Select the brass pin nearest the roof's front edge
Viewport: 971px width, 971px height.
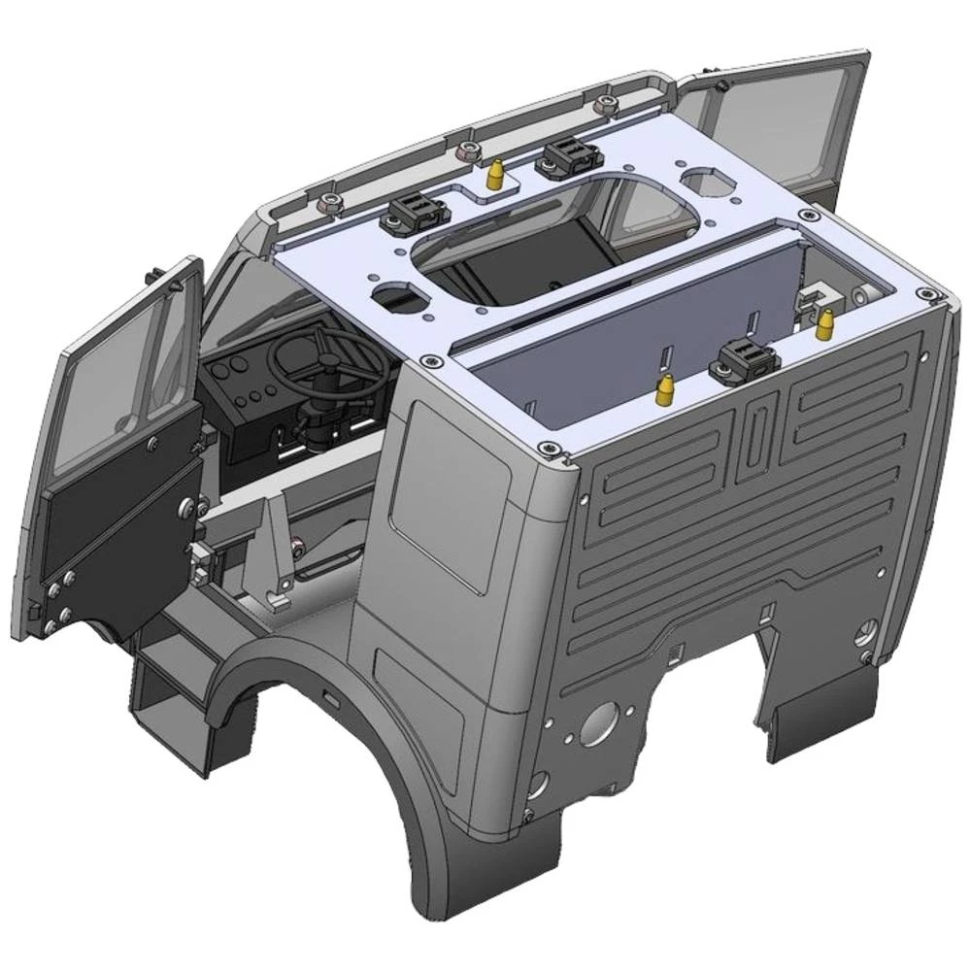494,176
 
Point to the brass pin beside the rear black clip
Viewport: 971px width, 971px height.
666,390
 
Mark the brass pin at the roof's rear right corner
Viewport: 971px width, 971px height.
825,323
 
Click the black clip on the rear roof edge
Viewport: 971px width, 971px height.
743,363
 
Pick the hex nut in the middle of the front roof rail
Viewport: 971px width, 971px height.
467,151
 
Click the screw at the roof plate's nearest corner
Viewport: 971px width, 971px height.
550,447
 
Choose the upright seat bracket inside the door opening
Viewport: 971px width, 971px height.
277,553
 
